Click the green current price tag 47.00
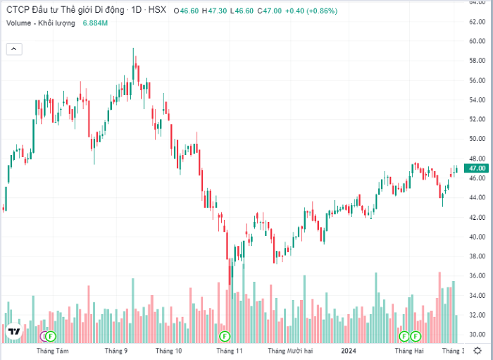[478, 168]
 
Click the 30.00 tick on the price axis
[478, 335]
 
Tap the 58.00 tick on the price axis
[478, 61]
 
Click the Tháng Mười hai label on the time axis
[290, 350]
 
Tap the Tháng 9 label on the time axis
[116, 350]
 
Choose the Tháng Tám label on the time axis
[53, 350]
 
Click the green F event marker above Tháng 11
[225, 335]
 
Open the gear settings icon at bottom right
[477, 350]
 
